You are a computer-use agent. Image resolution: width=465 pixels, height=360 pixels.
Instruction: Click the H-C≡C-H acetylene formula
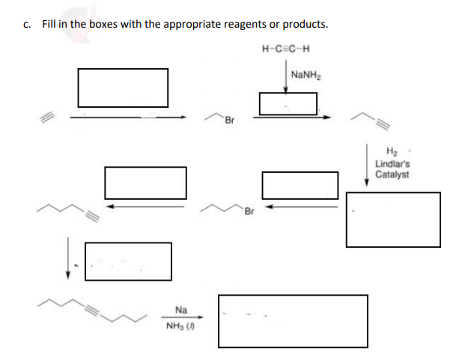pos(288,50)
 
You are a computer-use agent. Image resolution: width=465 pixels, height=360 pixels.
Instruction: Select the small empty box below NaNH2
pos(288,103)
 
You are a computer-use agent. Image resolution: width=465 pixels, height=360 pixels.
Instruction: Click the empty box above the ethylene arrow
pos(123,88)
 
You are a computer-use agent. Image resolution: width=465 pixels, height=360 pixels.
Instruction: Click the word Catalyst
pos(392,174)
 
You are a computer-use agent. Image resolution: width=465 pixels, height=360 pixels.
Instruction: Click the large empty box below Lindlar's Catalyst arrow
pos(392,219)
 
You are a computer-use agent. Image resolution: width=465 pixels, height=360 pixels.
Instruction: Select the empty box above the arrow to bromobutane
pos(300,185)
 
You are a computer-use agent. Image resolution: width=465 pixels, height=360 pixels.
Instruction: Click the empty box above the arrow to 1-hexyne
pos(145,182)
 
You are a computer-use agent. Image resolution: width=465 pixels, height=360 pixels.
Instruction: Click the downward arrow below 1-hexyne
pos(68,258)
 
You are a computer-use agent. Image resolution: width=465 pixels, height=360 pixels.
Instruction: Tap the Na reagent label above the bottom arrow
pos(181,308)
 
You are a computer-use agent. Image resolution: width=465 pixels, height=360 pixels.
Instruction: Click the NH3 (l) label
pos(181,326)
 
